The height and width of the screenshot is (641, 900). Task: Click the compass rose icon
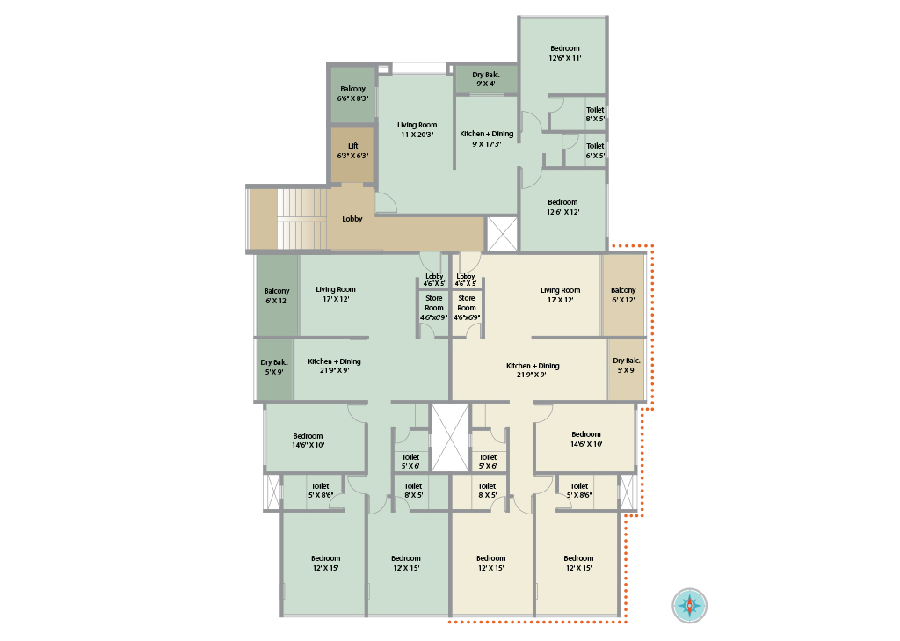pos(689,605)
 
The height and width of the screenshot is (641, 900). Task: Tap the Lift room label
pos(353,150)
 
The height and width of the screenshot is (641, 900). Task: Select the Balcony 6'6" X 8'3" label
pos(353,93)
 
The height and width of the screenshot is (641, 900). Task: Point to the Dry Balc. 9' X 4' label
pos(486,79)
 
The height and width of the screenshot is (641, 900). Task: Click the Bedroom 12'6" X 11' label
pos(565,54)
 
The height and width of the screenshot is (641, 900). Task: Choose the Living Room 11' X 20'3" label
pos(417,130)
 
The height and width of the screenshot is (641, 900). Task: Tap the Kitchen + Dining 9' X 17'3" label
pos(487,139)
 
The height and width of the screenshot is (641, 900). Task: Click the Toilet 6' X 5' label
pos(595,150)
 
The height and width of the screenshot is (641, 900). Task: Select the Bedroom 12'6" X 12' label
pos(563,207)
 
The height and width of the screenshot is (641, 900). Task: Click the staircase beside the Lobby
pos(302,218)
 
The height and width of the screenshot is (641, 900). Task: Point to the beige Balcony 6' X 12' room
pos(623,295)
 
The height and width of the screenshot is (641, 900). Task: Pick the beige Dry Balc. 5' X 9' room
pos(626,369)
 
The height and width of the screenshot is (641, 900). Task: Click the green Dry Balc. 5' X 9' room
pos(274,369)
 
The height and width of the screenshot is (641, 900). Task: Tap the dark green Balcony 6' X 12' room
pos(277,295)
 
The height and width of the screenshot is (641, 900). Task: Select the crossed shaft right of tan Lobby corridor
pos(502,234)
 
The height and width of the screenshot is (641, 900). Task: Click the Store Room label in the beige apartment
pos(467,308)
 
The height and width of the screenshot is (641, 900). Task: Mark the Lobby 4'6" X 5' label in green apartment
pos(434,280)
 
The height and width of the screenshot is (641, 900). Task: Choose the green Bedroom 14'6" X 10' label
pos(308,441)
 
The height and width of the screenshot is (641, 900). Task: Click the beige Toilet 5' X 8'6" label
pos(579,491)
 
